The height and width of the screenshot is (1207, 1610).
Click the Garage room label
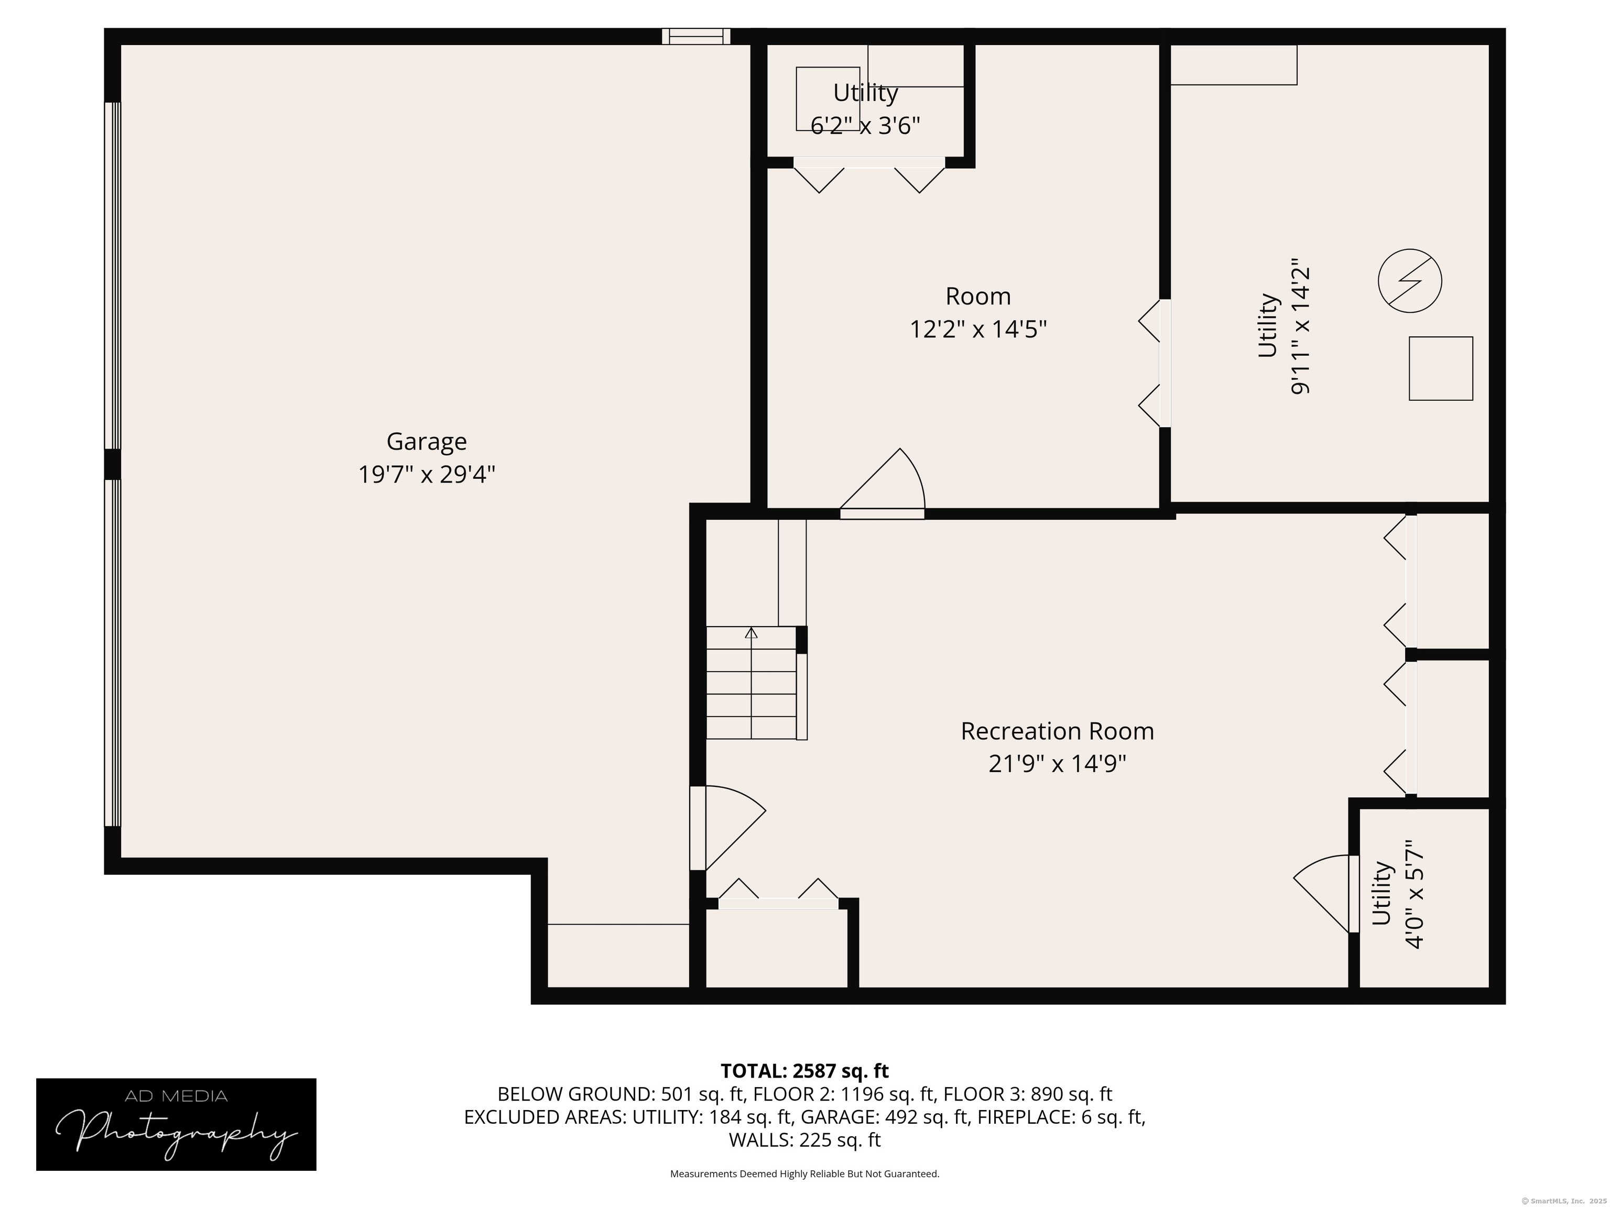click(x=427, y=442)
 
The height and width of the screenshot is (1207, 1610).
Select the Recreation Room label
click(x=1057, y=731)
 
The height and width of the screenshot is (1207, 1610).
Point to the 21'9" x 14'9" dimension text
click(x=1057, y=764)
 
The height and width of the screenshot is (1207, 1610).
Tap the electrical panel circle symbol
click(x=1410, y=281)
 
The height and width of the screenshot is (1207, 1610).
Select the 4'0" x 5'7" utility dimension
click(x=1413, y=894)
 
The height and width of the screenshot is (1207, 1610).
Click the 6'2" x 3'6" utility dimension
click(x=865, y=126)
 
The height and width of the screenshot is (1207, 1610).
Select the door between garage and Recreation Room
click(x=727, y=828)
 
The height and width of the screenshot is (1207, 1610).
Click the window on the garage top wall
click(x=696, y=36)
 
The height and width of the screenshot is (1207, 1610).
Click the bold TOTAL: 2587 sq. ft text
click(x=804, y=1071)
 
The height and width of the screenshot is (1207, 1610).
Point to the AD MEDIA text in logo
click(x=176, y=1096)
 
